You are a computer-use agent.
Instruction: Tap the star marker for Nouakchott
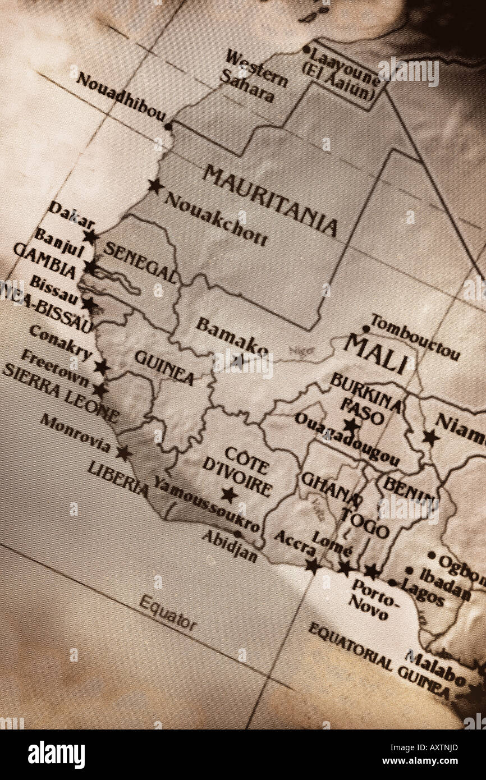click(x=155, y=186)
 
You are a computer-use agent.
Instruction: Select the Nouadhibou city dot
click(x=168, y=127)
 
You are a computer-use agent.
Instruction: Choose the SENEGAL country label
click(x=140, y=263)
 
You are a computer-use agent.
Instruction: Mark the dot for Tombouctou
click(x=366, y=328)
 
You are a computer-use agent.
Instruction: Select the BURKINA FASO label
click(x=365, y=398)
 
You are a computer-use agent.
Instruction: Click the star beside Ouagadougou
click(x=351, y=425)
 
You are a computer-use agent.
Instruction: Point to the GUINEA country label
click(x=164, y=368)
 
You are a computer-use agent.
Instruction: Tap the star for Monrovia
click(x=123, y=452)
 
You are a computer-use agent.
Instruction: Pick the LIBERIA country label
click(x=118, y=478)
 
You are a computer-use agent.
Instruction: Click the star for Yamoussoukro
click(x=228, y=494)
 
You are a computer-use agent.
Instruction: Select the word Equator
click(x=168, y=613)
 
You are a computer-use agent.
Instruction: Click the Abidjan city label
click(x=230, y=546)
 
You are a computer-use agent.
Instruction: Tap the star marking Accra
click(x=313, y=565)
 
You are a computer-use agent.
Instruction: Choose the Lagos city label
click(x=424, y=594)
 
